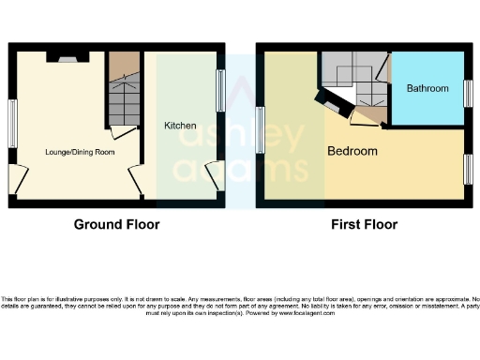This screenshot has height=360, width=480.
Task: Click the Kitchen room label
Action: [179, 126]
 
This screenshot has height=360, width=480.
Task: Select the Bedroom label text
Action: [352, 151]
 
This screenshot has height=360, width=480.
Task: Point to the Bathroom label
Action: [426, 89]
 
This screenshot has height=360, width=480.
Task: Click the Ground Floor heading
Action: [116, 225]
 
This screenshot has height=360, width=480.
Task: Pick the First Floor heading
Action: [364, 225]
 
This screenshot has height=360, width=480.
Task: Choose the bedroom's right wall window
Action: [466, 169]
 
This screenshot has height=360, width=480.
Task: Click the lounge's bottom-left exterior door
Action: [20, 178]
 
